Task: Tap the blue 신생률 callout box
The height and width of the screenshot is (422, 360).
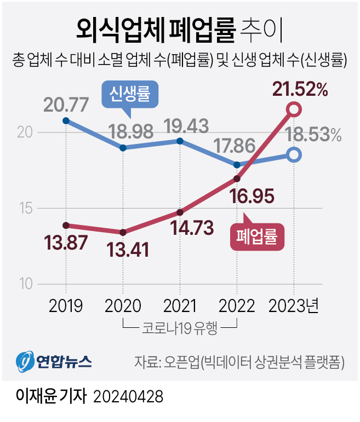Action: [130, 95]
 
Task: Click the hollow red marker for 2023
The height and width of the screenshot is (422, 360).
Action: [294, 110]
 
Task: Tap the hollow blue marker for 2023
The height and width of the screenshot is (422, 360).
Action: [294, 155]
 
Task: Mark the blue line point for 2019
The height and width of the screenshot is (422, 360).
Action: [66, 120]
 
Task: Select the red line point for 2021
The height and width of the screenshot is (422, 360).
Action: [180, 212]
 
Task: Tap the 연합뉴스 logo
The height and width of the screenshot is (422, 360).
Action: [54, 361]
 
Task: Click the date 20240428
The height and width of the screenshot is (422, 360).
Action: [128, 396]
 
